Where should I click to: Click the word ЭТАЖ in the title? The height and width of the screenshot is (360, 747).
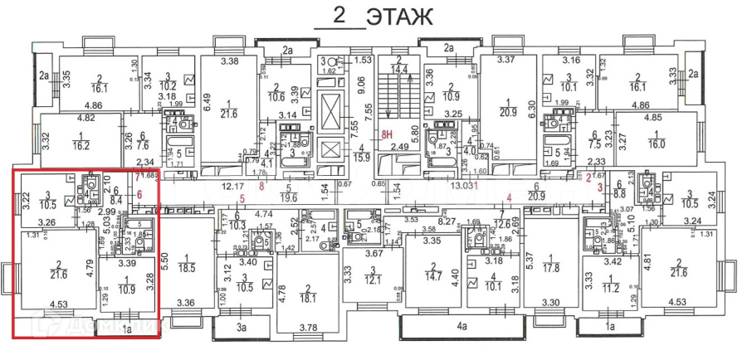(x=399, y=16)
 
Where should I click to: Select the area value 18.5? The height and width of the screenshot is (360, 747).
(x=187, y=269)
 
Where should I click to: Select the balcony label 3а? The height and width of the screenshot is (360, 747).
(x=242, y=328)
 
